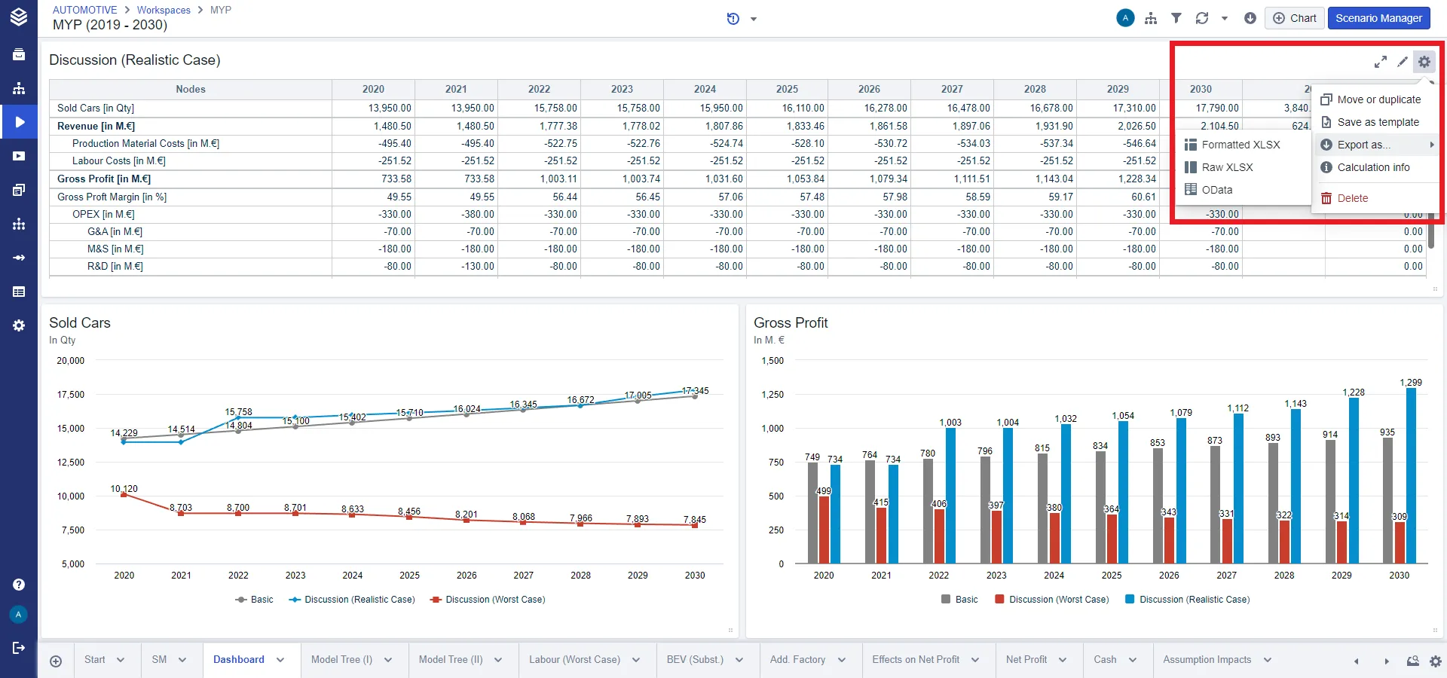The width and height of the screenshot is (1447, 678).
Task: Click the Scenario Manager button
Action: click(x=1378, y=18)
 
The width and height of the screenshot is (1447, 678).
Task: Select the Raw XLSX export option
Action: click(x=1227, y=167)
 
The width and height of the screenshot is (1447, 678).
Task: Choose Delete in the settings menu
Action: click(x=1352, y=198)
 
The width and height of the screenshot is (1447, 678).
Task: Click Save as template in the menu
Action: click(x=1378, y=122)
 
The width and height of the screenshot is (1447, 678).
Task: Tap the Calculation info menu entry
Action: click(x=1373, y=167)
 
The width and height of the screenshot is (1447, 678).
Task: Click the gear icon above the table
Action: click(x=1424, y=62)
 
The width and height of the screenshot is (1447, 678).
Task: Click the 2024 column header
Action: click(x=705, y=89)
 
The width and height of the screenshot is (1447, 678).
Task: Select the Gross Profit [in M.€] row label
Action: click(x=104, y=179)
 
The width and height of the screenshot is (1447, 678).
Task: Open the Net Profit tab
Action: click(x=1026, y=659)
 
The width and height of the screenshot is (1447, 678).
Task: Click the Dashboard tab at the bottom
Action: click(x=239, y=659)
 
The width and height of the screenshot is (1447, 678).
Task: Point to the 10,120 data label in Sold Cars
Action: click(x=124, y=489)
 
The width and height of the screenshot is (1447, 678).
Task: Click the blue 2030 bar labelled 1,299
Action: click(x=1411, y=475)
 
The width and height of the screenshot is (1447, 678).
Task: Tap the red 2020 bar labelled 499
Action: click(x=824, y=530)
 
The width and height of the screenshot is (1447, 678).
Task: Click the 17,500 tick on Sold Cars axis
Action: click(x=71, y=395)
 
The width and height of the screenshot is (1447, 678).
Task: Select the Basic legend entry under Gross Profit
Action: click(x=959, y=600)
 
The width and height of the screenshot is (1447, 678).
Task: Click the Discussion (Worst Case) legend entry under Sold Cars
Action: click(x=488, y=600)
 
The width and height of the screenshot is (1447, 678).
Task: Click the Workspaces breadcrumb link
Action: click(x=164, y=10)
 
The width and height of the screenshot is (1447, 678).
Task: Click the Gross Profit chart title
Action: click(x=791, y=322)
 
